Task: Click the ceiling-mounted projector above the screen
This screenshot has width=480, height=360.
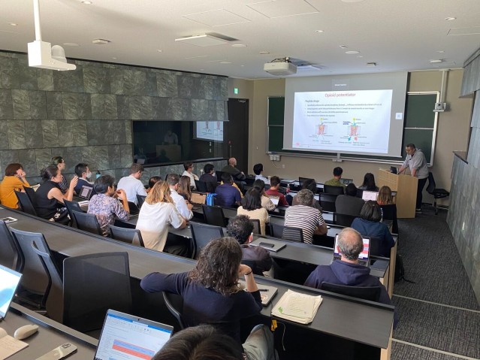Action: (x=279, y=68)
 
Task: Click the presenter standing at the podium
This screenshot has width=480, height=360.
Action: (x=415, y=165)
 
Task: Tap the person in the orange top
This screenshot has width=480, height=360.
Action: (x=13, y=185)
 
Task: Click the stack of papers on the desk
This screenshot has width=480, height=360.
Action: (x=297, y=305)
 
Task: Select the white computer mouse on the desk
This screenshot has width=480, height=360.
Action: (x=26, y=331)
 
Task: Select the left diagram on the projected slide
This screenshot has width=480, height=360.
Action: (x=322, y=129)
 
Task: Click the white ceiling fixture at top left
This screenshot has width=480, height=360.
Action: (x=50, y=54)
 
